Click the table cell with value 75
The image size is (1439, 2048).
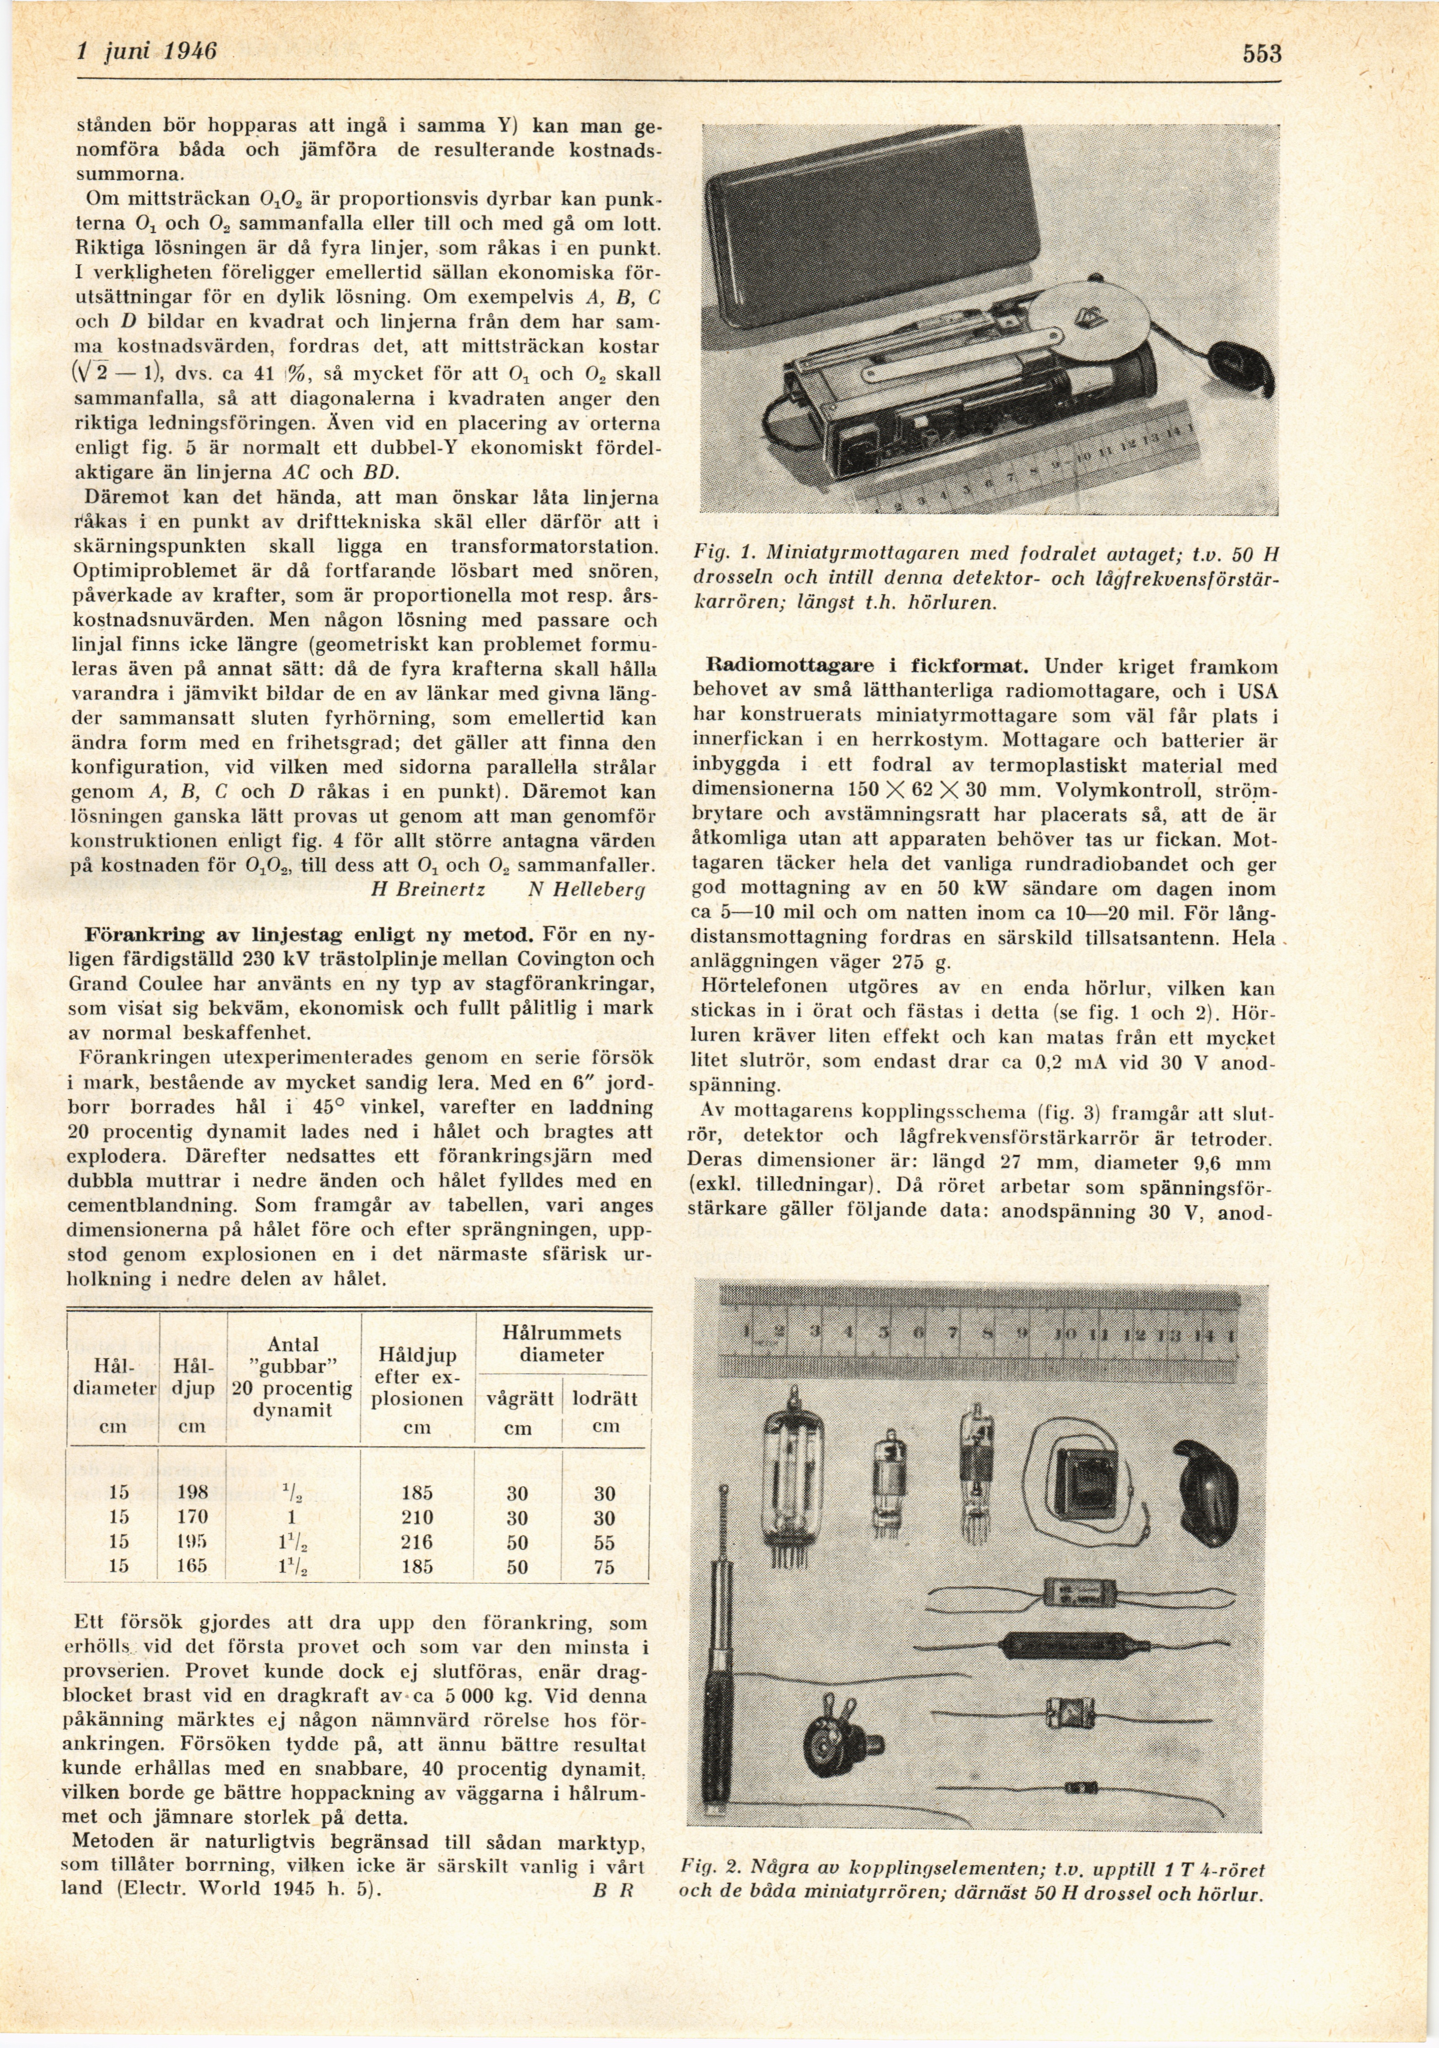pyautogui.click(x=604, y=1566)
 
